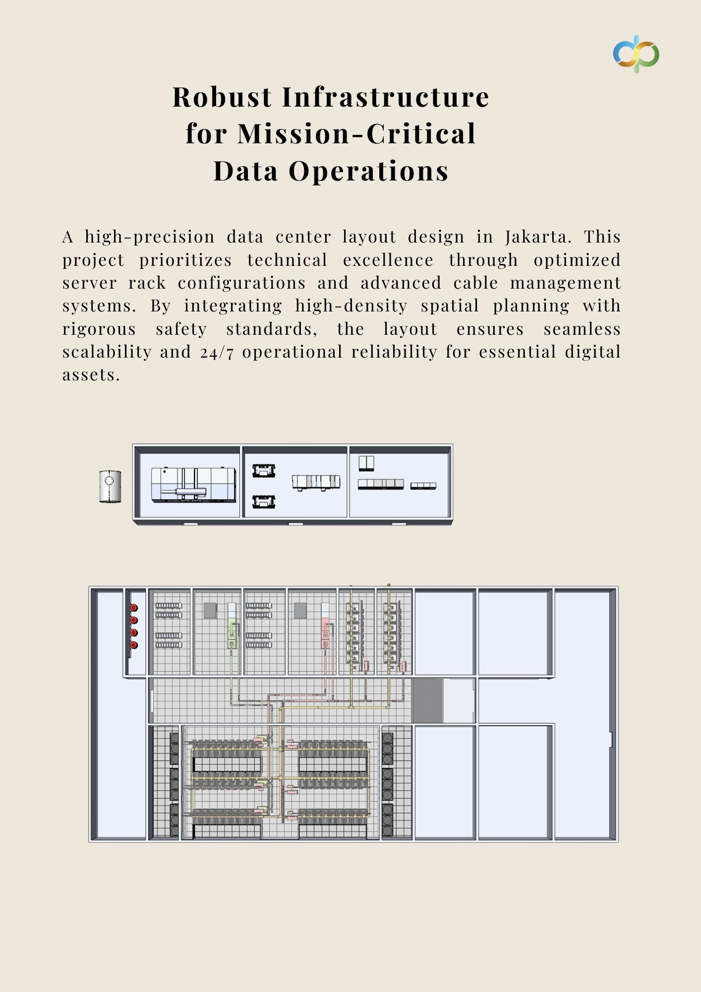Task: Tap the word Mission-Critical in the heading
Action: point(356,133)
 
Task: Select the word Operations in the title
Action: point(368,171)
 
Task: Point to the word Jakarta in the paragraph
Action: point(538,237)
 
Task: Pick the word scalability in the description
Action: point(107,352)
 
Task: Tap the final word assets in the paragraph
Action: point(91,375)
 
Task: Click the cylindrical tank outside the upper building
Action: point(110,487)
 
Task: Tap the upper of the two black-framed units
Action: point(264,471)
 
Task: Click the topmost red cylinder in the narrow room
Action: point(134,608)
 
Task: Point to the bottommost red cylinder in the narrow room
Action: point(134,645)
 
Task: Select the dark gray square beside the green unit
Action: point(210,610)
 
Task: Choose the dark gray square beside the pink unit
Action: point(300,610)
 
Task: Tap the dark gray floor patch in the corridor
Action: point(427,700)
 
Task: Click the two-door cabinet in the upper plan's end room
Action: point(366,463)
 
